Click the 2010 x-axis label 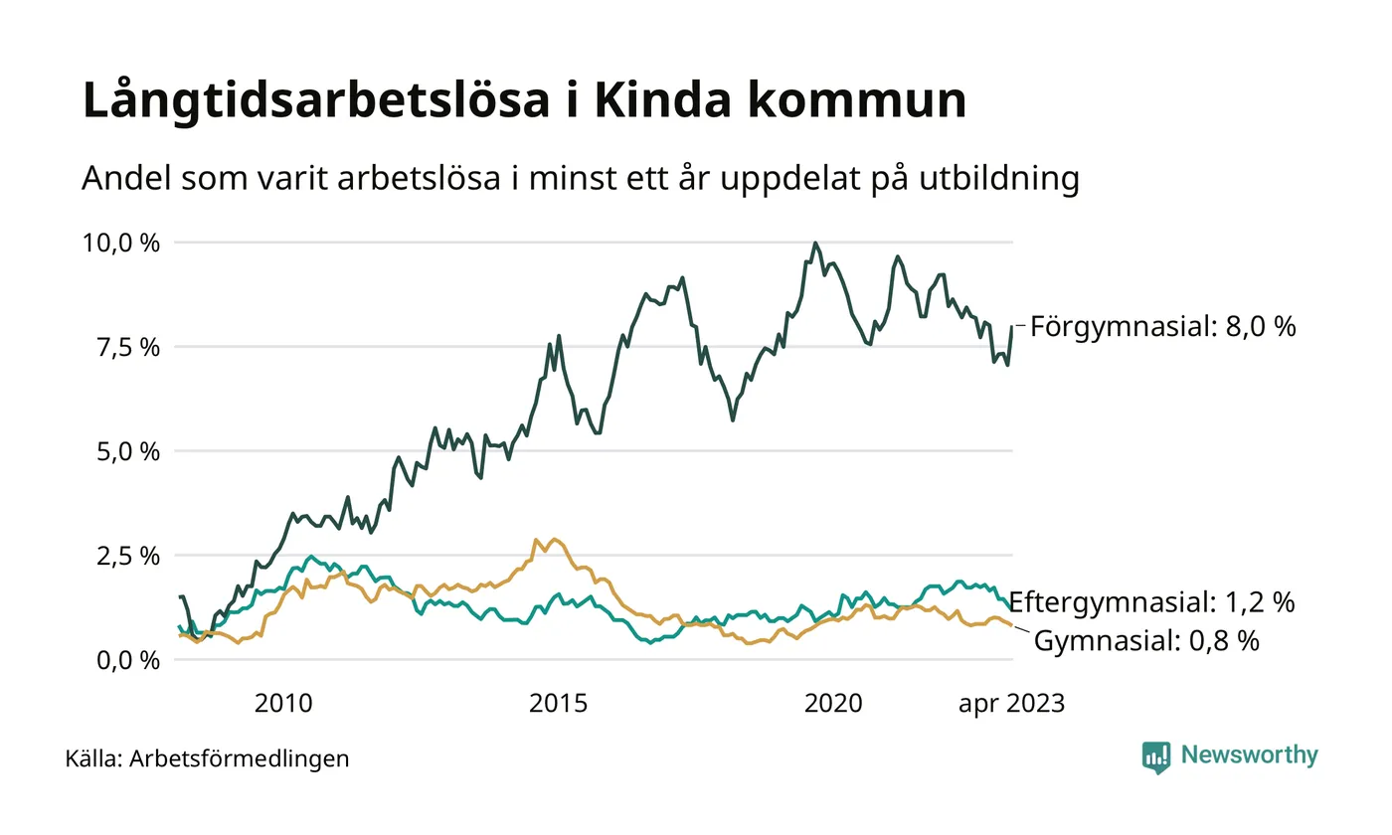[x=283, y=704]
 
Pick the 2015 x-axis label [x=558, y=704]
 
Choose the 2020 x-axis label [x=832, y=704]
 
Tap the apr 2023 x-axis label [x=1011, y=704]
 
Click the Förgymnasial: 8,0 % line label [x=1162, y=326]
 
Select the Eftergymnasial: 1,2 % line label [x=1151, y=602]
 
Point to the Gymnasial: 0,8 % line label [x=1147, y=641]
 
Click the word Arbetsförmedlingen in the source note [x=240, y=759]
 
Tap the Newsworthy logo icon [x=1156, y=756]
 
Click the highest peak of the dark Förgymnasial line [x=815, y=243]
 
